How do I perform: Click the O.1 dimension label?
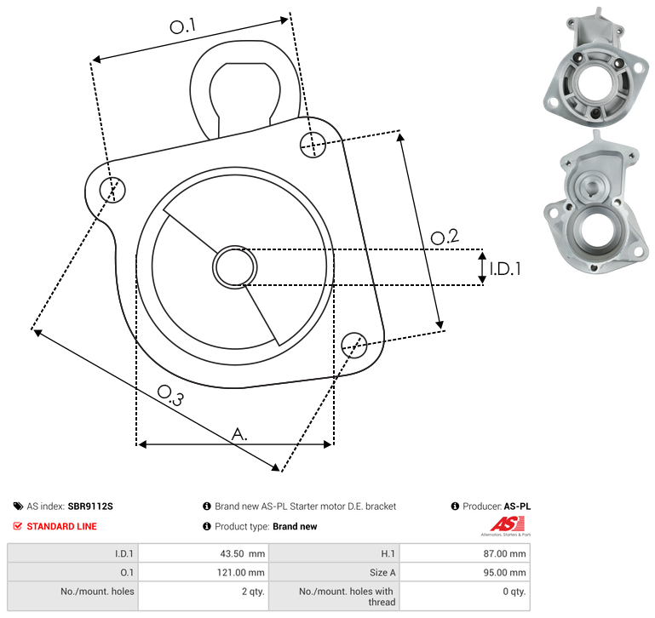183,26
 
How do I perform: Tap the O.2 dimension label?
445,237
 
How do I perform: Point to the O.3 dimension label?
170,395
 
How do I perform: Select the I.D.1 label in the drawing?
505,269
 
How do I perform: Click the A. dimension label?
239,434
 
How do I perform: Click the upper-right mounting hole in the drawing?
313,145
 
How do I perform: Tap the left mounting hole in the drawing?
112,190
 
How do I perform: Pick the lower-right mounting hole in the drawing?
354,346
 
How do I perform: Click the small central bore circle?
235,267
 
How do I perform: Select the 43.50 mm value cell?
242,553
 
